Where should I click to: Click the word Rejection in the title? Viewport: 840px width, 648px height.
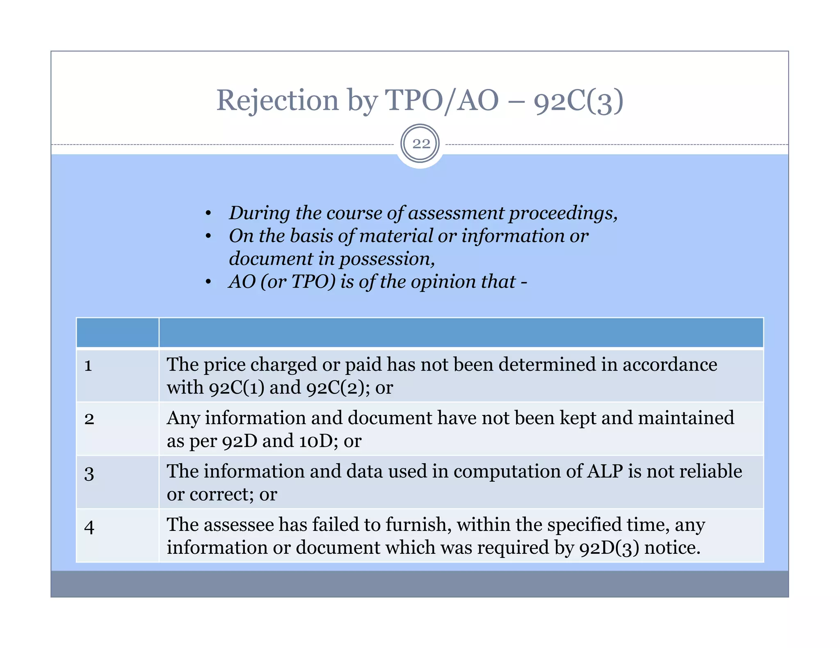[x=277, y=100]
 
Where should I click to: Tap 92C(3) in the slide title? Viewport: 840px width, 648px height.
[x=578, y=101]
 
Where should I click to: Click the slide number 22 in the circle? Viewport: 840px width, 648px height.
[x=421, y=144]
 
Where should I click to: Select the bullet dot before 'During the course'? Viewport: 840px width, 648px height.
[x=208, y=213]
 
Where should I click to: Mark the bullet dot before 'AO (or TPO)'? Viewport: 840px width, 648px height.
[x=208, y=282]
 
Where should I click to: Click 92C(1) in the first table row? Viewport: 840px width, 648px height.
[x=237, y=387]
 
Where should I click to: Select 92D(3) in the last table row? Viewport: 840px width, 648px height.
[x=609, y=548]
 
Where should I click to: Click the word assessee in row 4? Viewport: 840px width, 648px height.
[x=239, y=525]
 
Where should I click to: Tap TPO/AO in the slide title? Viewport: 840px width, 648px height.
[x=441, y=100]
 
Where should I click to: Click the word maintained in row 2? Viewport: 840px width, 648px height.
[x=686, y=418]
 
